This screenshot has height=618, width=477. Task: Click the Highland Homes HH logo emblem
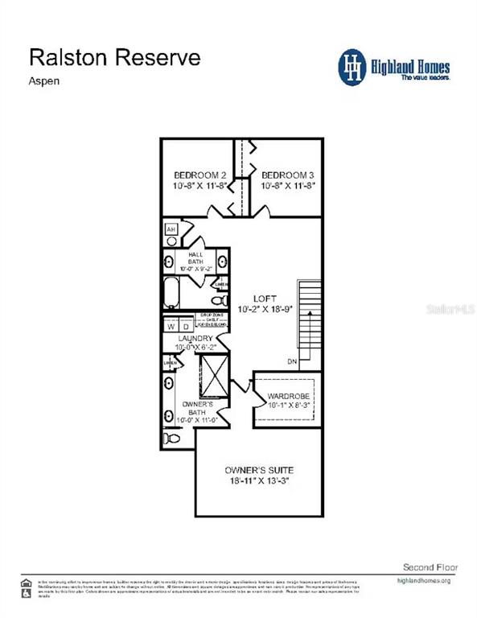point(352,66)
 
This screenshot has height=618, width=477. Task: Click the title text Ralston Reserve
point(115,57)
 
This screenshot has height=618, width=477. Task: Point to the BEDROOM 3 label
point(286,175)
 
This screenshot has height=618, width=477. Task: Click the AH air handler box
point(171,230)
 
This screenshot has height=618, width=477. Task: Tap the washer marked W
point(171,327)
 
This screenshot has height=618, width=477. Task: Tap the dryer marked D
point(185,327)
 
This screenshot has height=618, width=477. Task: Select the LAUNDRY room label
point(195,339)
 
